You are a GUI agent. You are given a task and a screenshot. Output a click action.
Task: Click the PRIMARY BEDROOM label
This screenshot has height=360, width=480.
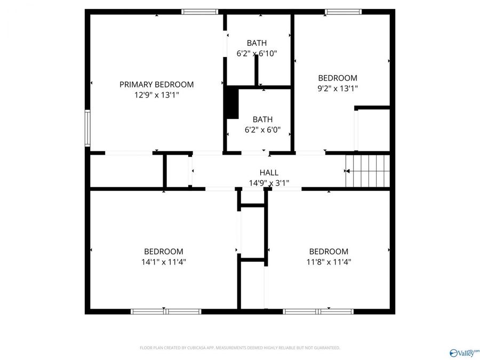pyautogui.click(x=156, y=84)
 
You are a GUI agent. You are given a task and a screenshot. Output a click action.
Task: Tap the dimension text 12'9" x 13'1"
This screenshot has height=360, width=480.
pyautogui.click(x=156, y=95)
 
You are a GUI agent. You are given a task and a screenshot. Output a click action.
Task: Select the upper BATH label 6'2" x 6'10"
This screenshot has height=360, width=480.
pyautogui.click(x=257, y=43)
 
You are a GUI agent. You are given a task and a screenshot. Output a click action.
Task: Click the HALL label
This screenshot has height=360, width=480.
pyautogui.click(x=269, y=172)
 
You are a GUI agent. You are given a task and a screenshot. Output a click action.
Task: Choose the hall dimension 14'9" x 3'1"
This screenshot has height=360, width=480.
pyautogui.click(x=269, y=183)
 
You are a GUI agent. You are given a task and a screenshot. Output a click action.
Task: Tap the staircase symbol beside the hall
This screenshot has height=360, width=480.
pyautogui.click(x=368, y=171)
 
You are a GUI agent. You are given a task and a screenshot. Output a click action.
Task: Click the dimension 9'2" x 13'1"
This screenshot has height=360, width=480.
pyautogui.click(x=338, y=89)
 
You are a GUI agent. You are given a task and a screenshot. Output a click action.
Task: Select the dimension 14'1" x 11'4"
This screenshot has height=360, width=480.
pyautogui.click(x=164, y=262)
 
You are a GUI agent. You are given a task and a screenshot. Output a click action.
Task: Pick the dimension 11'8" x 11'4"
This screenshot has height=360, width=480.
pyautogui.click(x=329, y=262)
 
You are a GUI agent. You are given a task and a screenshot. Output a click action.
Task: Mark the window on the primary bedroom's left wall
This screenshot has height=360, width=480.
pyautogui.click(x=87, y=127)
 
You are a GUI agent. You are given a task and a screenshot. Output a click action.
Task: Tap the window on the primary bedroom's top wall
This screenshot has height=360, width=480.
pyautogui.click(x=200, y=11)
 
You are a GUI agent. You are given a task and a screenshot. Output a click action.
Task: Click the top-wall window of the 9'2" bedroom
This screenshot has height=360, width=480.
pyautogui.click(x=343, y=11)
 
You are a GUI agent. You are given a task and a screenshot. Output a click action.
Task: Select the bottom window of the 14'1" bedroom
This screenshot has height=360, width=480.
pyautogui.click(x=166, y=311)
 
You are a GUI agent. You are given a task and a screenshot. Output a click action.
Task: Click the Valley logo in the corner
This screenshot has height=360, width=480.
pyautogui.click(x=465, y=353)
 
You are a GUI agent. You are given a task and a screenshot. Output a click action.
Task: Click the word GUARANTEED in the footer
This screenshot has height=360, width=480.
pyautogui.click(x=325, y=348)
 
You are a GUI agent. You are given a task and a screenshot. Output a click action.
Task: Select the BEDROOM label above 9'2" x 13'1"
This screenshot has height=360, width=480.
pyautogui.click(x=338, y=78)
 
